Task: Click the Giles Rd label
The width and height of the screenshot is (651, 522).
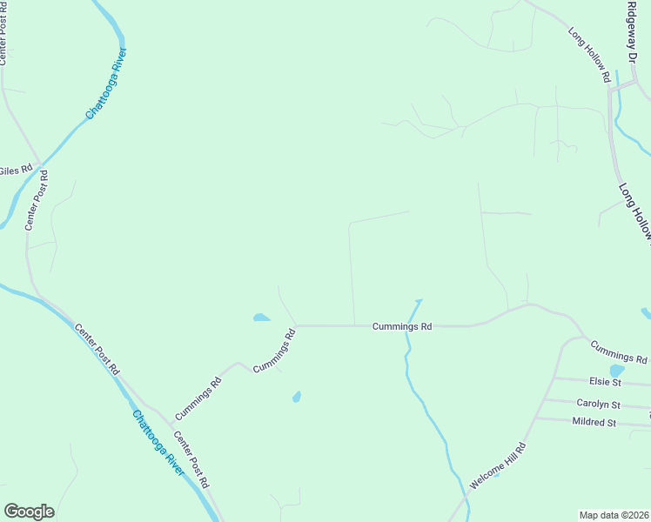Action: [x=16, y=170]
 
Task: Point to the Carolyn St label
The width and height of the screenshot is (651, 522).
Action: [x=598, y=404]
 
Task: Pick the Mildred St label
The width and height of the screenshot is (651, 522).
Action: [x=594, y=423]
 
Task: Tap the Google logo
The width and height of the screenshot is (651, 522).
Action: [x=29, y=512]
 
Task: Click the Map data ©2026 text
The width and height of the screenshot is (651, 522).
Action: [x=614, y=515]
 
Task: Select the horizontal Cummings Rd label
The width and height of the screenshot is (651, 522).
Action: [x=402, y=326]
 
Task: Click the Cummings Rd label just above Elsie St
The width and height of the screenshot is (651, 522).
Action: [x=619, y=352]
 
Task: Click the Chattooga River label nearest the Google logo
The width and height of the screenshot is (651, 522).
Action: [x=158, y=443]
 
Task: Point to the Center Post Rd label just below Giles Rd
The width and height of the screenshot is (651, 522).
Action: [x=37, y=200]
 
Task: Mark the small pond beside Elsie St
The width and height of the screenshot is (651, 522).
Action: [x=617, y=371]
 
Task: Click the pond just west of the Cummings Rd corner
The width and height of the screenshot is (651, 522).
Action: [x=261, y=318]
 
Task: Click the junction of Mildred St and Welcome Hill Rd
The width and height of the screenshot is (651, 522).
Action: [x=534, y=418]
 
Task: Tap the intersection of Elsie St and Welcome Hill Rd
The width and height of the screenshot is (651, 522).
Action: [x=554, y=378]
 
